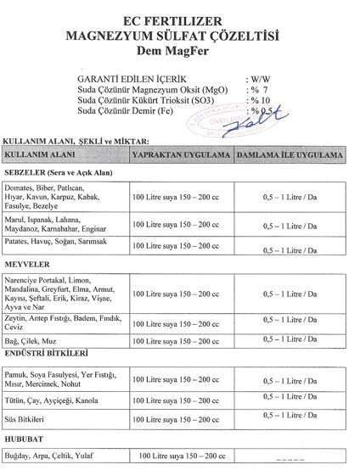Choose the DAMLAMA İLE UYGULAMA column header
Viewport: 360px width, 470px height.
pos(290,157)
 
